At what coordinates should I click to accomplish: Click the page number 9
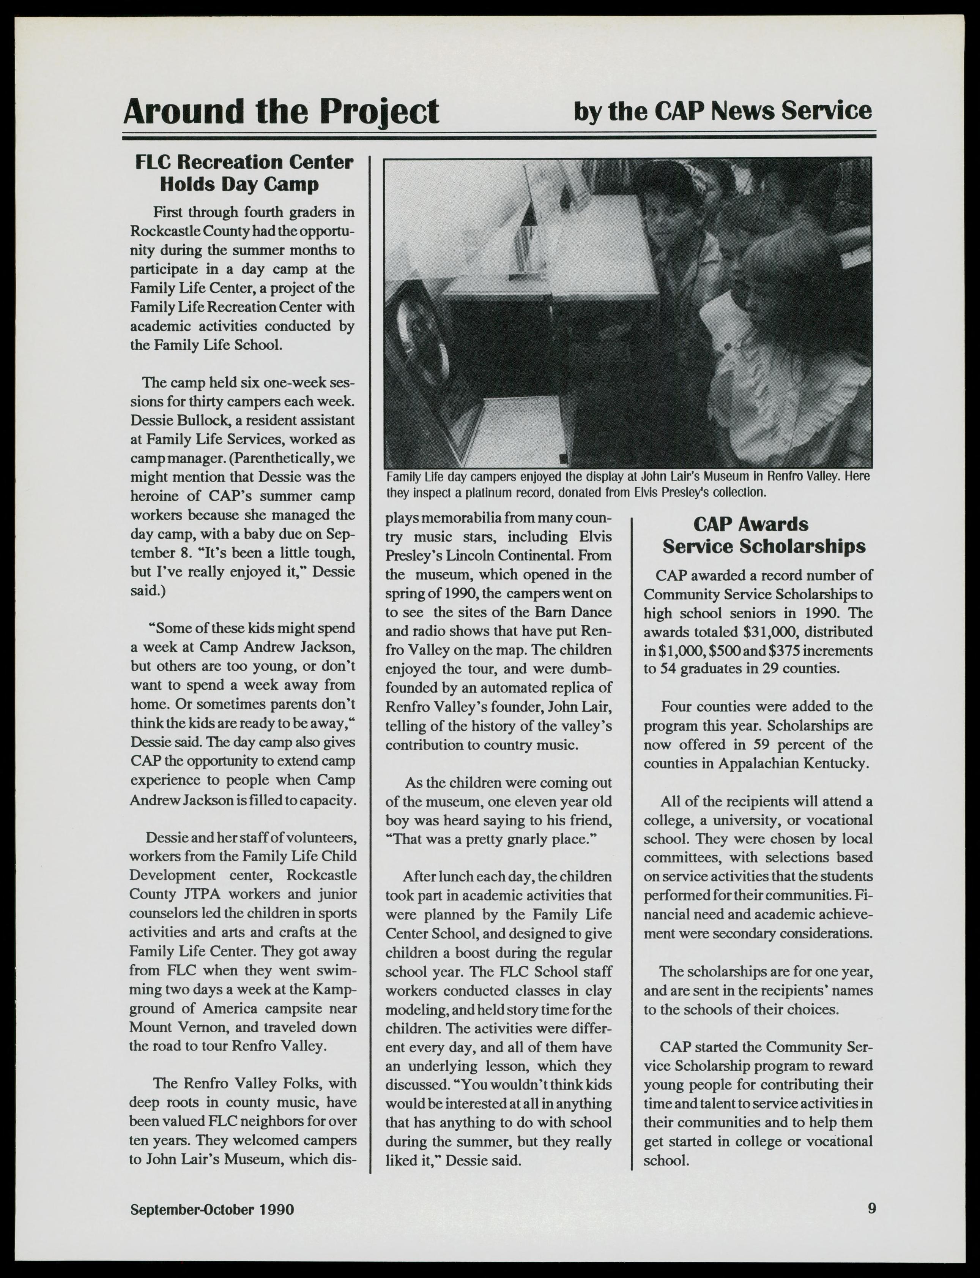point(871,1208)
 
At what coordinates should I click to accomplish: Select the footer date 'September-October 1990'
point(212,1209)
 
